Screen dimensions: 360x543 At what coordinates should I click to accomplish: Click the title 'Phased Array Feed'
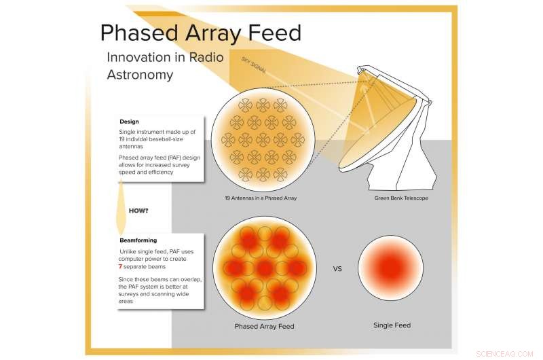[x=200, y=33]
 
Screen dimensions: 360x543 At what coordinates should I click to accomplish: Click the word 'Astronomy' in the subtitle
[x=139, y=75]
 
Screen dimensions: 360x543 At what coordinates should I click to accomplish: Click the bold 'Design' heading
[x=129, y=122]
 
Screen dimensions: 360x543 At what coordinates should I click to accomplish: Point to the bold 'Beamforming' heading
[x=138, y=240]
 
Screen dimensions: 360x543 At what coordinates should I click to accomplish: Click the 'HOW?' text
[x=138, y=211]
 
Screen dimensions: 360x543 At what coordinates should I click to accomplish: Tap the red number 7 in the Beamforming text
[x=121, y=267]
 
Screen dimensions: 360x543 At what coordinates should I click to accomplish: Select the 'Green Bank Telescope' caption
[x=402, y=198]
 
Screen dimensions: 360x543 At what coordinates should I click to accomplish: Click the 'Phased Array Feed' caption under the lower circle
[x=264, y=327]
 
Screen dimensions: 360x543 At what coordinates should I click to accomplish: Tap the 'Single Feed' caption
[x=392, y=325]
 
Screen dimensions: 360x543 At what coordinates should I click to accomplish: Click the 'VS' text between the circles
[x=337, y=268]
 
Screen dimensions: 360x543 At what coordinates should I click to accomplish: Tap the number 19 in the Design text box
[x=123, y=138]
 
